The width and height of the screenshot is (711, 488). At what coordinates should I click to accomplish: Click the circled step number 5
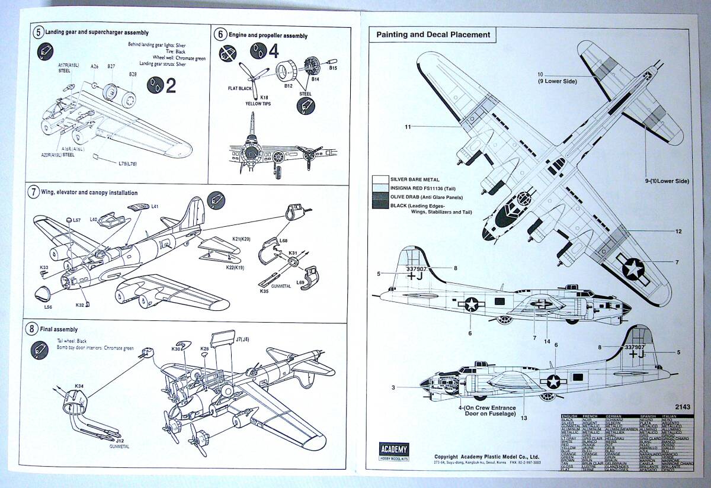[39, 32]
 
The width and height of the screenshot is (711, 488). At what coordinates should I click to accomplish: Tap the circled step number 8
[33, 329]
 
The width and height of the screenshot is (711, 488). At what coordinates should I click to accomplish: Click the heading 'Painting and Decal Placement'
[434, 35]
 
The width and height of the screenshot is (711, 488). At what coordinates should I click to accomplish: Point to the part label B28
[133, 74]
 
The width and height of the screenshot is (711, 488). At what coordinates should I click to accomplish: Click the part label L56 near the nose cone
[49, 307]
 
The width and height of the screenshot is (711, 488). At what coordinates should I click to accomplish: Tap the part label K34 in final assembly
[79, 386]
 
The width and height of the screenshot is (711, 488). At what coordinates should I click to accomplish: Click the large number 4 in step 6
[273, 52]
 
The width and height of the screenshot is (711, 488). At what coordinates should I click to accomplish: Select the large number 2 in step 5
[171, 86]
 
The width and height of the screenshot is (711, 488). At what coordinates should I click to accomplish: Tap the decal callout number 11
[408, 126]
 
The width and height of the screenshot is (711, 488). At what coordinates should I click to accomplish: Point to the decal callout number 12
[678, 231]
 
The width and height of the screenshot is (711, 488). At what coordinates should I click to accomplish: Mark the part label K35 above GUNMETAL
[264, 291]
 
